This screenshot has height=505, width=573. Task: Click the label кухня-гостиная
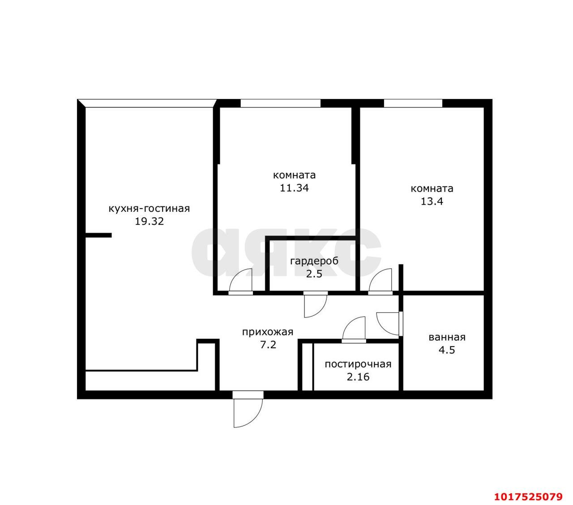(x=149, y=209)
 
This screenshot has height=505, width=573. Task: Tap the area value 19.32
(x=149, y=221)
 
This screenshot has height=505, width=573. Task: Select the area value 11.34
(x=294, y=188)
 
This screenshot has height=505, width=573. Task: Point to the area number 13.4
(x=432, y=201)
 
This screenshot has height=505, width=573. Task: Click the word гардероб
(x=314, y=261)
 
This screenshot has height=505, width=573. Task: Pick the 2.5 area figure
(x=314, y=274)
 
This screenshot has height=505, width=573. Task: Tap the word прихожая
(x=268, y=332)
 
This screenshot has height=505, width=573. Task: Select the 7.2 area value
(x=268, y=345)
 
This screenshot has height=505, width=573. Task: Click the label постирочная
(x=358, y=364)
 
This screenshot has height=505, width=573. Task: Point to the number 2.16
(x=358, y=377)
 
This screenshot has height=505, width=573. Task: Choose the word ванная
(x=447, y=337)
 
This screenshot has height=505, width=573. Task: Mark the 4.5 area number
(x=447, y=350)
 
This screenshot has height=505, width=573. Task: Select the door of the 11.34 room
(x=241, y=282)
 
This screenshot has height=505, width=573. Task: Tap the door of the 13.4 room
(x=381, y=282)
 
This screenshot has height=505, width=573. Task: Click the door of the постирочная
(x=354, y=330)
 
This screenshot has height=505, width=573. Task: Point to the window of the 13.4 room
(x=413, y=103)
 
